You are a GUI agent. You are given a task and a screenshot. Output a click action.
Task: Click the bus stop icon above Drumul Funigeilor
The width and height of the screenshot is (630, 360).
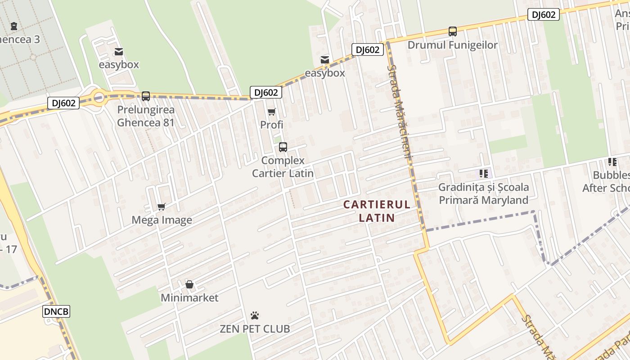click(453, 31)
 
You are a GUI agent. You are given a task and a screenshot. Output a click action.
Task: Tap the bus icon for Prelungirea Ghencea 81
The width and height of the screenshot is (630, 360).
click(146, 96)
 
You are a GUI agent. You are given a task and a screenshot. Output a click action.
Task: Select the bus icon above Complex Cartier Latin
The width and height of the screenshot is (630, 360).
click(283, 147)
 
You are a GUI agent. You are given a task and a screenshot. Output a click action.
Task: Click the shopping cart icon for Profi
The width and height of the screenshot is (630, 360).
click(271, 112)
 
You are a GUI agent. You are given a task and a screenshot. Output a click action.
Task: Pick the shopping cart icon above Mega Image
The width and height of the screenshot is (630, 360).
click(162, 207)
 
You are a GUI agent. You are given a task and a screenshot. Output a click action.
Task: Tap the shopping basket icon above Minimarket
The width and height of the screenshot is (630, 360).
click(189, 284)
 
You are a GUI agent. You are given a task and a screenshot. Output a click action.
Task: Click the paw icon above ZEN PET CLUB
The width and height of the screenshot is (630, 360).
click(255, 315)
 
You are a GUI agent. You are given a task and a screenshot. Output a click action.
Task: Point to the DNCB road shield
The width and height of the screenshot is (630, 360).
click(56, 311)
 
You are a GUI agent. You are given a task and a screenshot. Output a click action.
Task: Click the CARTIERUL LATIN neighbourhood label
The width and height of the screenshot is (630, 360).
click(377, 211)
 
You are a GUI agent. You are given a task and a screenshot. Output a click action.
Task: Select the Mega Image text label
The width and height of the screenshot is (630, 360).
click(162, 220)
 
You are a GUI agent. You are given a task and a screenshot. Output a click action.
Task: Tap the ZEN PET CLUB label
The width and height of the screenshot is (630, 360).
click(255, 329)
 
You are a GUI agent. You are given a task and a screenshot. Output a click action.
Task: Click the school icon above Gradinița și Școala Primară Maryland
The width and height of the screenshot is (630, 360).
click(484, 173)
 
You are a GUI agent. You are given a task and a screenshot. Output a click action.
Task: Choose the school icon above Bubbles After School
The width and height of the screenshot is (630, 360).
click(612, 162)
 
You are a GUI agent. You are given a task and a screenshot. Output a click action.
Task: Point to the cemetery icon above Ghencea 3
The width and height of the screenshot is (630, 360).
click(14, 26)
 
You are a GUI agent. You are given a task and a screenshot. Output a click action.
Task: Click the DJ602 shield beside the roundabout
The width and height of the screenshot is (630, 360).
click(63, 103)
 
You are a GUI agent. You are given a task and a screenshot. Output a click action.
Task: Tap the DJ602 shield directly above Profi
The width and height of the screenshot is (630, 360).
click(266, 92)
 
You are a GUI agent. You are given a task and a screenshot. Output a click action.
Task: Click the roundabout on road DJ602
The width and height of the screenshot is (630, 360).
click(98, 96)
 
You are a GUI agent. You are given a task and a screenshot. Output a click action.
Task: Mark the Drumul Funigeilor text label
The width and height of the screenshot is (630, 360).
click(453, 45)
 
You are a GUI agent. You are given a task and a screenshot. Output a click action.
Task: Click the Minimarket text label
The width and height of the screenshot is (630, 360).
click(189, 298)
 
